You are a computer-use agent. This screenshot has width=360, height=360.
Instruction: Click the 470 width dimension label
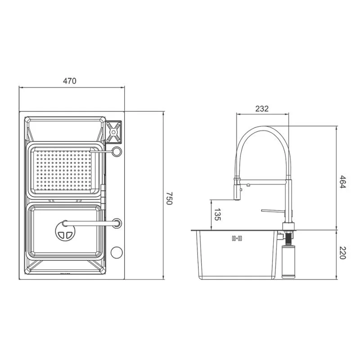(70, 81)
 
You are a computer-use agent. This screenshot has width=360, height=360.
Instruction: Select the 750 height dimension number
(169, 198)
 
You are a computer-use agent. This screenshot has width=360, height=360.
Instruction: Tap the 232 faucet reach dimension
(261, 108)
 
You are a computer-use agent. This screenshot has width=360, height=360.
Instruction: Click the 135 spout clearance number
(218, 215)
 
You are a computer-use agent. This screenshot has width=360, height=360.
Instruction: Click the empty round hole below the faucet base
(116, 253)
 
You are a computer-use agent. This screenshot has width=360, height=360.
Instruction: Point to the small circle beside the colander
(117, 152)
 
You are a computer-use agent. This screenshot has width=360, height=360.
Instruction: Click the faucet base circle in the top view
(117, 223)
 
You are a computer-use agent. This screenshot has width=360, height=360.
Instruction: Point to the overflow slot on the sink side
(237, 238)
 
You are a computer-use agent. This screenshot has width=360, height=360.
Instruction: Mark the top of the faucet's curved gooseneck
(264, 128)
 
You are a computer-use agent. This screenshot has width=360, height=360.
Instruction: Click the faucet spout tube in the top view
(88, 222)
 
